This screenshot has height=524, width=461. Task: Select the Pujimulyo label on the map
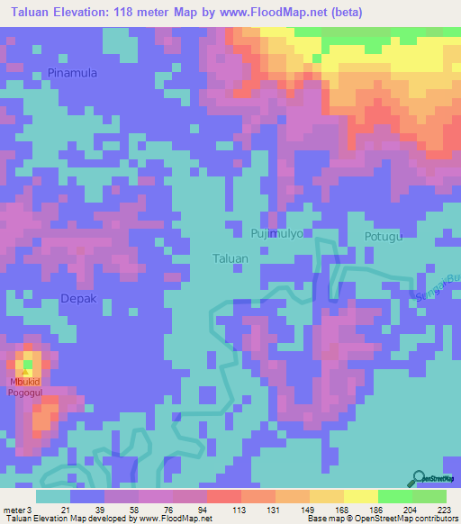[279, 233]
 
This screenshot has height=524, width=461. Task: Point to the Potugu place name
[382, 237]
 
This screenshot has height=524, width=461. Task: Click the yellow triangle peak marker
[27, 373]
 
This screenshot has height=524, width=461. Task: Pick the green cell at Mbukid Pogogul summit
[27, 364]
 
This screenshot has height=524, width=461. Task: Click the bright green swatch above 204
[394, 496]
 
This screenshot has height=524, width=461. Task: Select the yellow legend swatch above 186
[361, 496]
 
